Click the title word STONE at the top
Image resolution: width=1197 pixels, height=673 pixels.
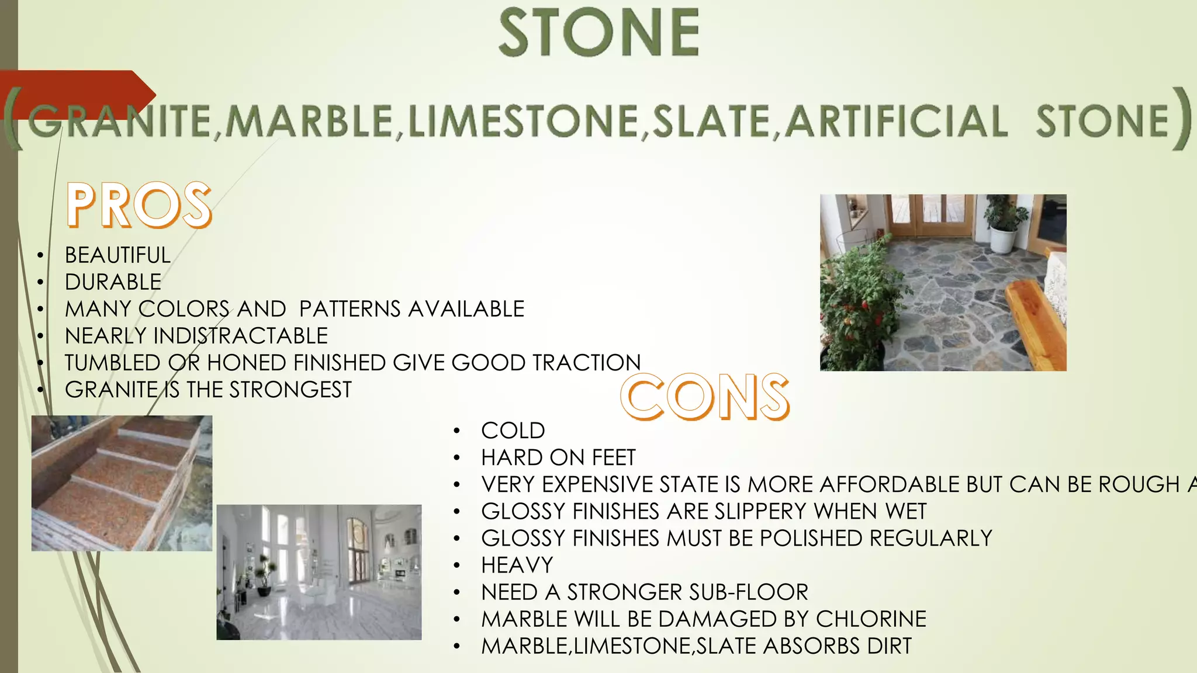click(x=598, y=33)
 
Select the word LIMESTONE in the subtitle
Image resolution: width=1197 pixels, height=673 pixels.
click(x=523, y=122)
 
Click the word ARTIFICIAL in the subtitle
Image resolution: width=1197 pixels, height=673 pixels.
click(x=895, y=122)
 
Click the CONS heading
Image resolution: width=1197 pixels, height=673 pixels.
click(x=704, y=397)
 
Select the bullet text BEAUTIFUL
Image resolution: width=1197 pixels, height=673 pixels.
click(x=117, y=255)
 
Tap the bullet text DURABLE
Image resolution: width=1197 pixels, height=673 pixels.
click(x=113, y=282)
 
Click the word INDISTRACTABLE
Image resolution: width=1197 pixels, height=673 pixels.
click(x=240, y=336)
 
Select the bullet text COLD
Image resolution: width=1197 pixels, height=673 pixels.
click(x=513, y=431)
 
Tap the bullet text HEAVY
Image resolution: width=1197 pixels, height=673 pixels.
click(x=517, y=566)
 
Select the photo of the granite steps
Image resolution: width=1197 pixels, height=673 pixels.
click(x=122, y=483)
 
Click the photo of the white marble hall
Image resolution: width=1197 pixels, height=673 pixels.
click(x=319, y=572)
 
